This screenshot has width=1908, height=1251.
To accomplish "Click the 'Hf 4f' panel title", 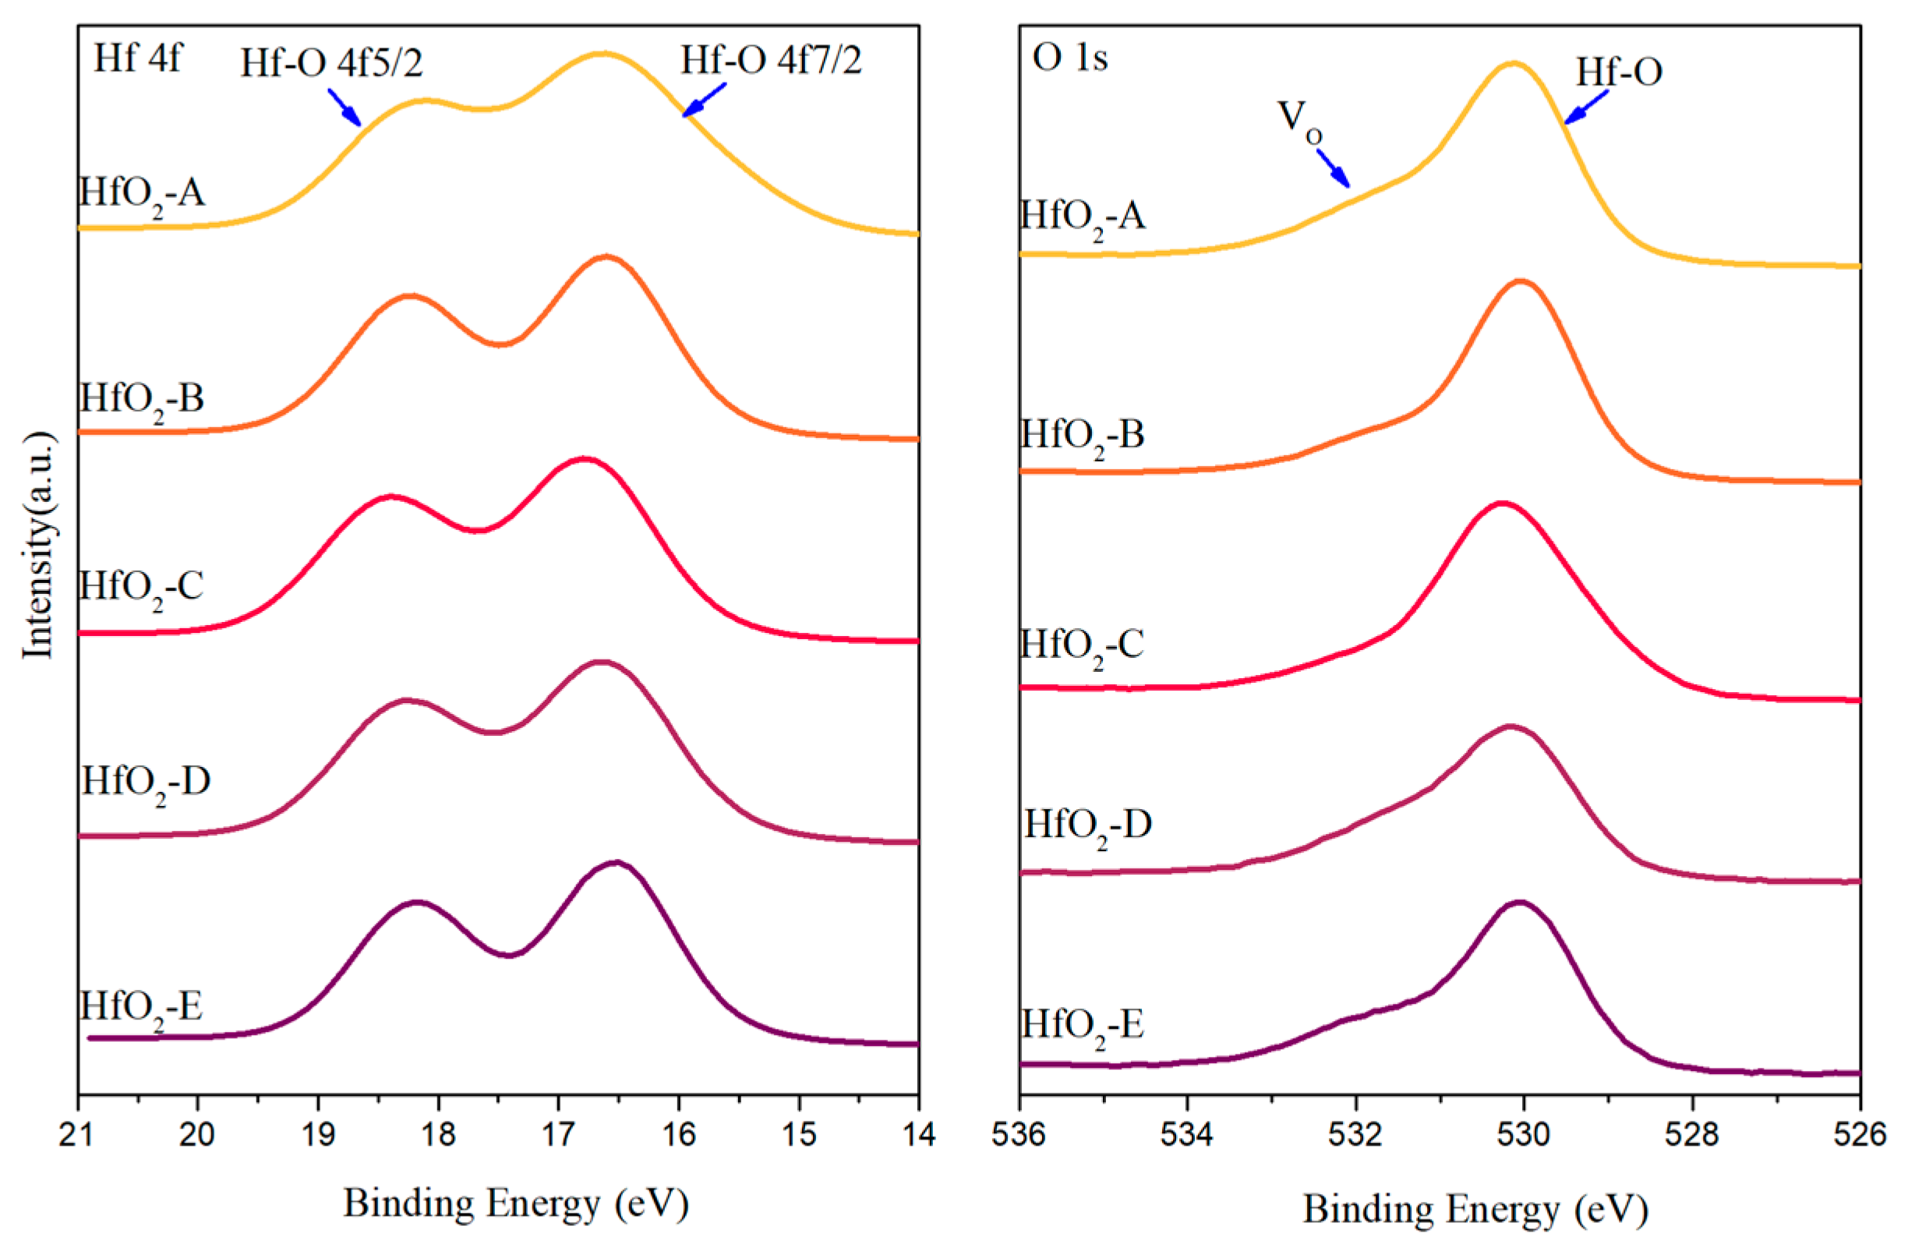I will tap(138, 58).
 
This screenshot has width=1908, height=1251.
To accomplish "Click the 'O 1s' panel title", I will tap(1069, 58).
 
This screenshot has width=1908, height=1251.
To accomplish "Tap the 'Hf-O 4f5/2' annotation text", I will tap(331, 62).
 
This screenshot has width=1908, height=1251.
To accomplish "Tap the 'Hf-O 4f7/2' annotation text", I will tap(771, 60).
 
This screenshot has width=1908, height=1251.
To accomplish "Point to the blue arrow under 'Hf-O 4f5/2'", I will tap(344, 107).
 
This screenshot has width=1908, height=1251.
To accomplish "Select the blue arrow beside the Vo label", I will tap(1334, 168).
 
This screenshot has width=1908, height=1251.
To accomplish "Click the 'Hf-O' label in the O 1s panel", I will tap(1619, 73).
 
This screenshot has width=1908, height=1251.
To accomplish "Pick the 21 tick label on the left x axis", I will tap(78, 1135).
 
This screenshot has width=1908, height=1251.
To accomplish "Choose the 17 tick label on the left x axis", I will tap(558, 1135).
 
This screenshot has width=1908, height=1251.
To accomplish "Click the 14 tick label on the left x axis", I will tap(918, 1135).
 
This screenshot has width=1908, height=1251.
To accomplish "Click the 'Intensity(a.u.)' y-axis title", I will tap(37, 546).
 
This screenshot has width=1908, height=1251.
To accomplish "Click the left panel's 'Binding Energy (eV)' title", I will tap(515, 1203).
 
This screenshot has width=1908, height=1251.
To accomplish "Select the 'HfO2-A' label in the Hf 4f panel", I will tap(142, 195).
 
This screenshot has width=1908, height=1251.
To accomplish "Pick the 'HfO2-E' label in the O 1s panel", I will tap(1083, 1027).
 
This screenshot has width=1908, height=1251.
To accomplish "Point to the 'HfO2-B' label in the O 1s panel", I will tap(1083, 436).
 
